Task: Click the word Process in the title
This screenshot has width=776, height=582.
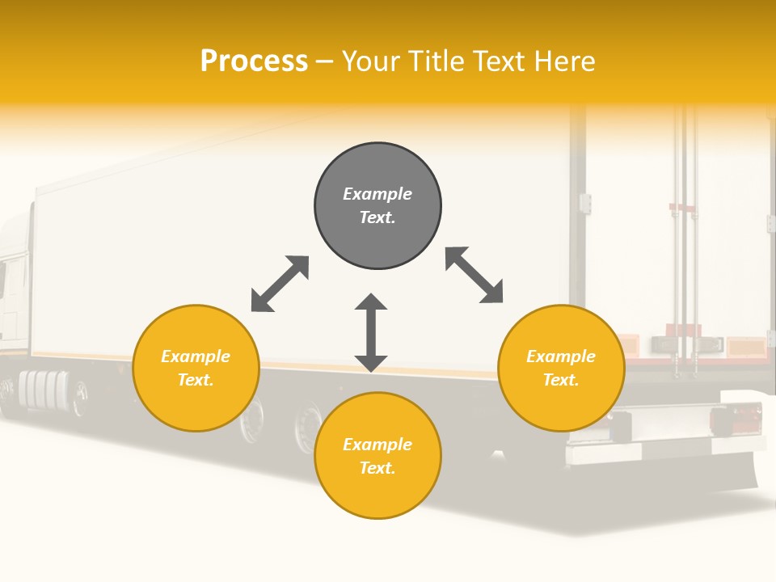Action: [x=254, y=61]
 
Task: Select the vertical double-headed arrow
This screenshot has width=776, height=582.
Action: [x=371, y=332]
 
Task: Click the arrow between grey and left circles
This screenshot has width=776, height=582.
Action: [x=280, y=284]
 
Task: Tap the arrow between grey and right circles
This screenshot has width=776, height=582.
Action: [x=474, y=276]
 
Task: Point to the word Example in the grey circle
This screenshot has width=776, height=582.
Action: [x=377, y=194]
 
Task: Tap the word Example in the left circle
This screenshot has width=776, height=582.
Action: [x=196, y=356]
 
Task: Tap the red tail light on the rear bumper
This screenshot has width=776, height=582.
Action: [x=724, y=420]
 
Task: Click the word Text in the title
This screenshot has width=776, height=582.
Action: [x=500, y=61]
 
